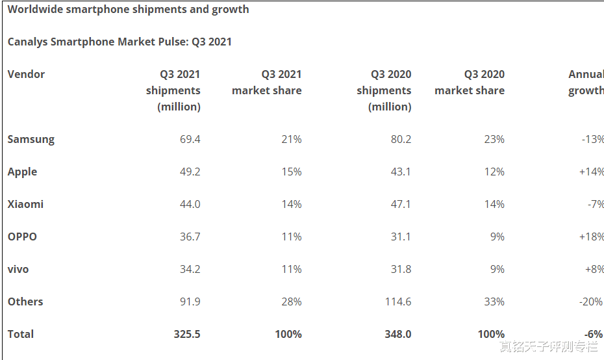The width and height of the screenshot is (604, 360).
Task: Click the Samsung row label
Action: coord(31,139)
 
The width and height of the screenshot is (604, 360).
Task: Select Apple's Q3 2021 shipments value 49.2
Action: coord(190,172)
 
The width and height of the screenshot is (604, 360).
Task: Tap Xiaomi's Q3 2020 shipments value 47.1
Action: coord(401,204)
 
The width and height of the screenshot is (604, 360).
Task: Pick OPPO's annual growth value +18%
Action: coord(591,237)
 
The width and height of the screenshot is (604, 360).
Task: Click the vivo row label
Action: coord(18,269)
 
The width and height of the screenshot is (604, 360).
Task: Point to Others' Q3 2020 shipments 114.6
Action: coord(397,302)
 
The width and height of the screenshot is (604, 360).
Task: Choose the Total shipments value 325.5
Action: coord(186,334)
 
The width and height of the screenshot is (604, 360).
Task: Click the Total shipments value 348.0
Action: coord(397,334)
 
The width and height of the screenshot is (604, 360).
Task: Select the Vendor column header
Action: coord(26,74)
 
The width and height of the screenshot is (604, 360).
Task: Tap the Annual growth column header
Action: coord(586,83)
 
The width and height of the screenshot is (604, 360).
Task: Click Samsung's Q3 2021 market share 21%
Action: coord(291,139)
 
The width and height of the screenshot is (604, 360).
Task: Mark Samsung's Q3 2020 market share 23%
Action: coord(494,139)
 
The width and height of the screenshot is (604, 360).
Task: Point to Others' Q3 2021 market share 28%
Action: coord(291,302)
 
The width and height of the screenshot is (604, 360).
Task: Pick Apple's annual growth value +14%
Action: coord(591,172)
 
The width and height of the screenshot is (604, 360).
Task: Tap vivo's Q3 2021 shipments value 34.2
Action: coord(190,269)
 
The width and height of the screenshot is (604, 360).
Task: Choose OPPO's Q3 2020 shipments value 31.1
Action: coord(401,237)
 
